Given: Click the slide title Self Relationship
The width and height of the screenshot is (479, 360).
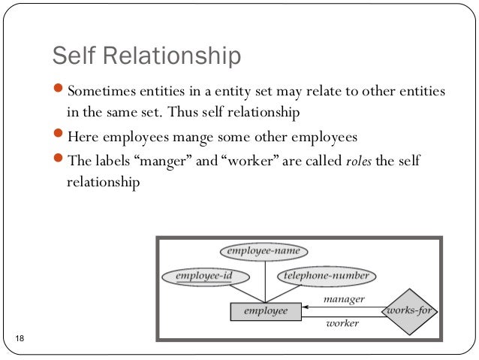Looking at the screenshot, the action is [x=146, y=56].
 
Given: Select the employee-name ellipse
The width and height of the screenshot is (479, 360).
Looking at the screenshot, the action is [x=263, y=251].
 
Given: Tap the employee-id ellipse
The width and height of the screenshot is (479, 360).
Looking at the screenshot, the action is [x=203, y=276].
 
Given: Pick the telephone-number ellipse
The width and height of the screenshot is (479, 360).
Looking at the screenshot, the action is [x=325, y=276].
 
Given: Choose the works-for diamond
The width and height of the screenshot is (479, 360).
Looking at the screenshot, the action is [x=411, y=310].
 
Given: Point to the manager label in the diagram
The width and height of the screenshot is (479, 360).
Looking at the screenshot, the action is [x=344, y=299].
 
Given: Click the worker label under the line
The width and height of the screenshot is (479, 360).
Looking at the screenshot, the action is [x=342, y=324].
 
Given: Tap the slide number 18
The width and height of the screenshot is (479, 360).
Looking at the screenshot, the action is [x=20, y=342].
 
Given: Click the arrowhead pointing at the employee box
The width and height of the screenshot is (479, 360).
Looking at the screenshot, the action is [x=308, y=306].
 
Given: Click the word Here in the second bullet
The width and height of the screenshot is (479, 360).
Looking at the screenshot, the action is [x=83, y=138].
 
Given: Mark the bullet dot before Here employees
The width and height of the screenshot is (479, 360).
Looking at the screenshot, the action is [x=61, y=136].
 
